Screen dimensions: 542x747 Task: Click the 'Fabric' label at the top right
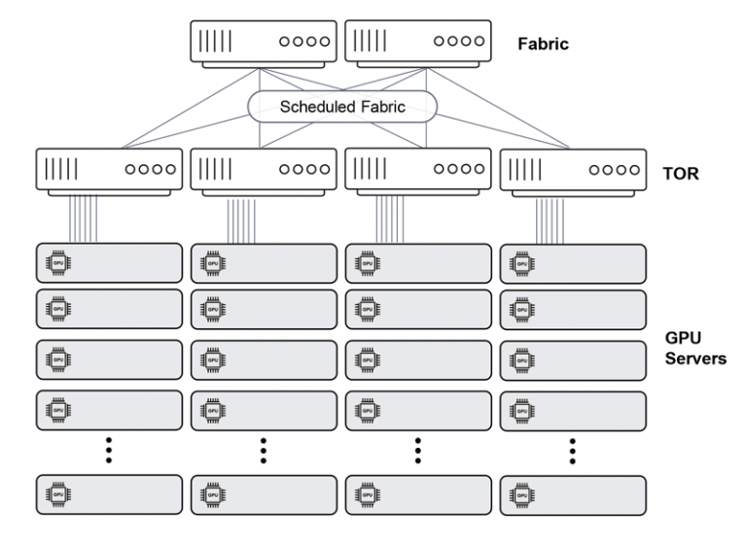pyautogui.click(x=543, y=44)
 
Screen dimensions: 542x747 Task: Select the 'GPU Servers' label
pyautogui.click(x=694, y=348)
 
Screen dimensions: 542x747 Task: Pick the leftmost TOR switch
pyautogui.click(x=108, y=171)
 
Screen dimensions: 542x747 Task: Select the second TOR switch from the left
pyautogui.click(x=264, y=171)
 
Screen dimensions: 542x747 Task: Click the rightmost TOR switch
pyautogui.click(x=573, y=171)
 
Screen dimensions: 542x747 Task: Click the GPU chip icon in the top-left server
pyautogui.click(x=57, y=263)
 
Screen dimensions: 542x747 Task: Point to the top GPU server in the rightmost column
pyautogui.click(x=573, y=263)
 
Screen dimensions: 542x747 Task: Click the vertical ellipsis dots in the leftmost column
pyautogui.click(x=109, y=451)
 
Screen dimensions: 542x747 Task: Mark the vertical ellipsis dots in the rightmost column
pyautogui.click(x=573, y=451)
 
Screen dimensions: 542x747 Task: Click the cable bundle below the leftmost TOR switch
pyautogui.click(x=84, y=218)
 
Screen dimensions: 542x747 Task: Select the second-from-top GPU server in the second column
pyautogui.click(x=264, y=310)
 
